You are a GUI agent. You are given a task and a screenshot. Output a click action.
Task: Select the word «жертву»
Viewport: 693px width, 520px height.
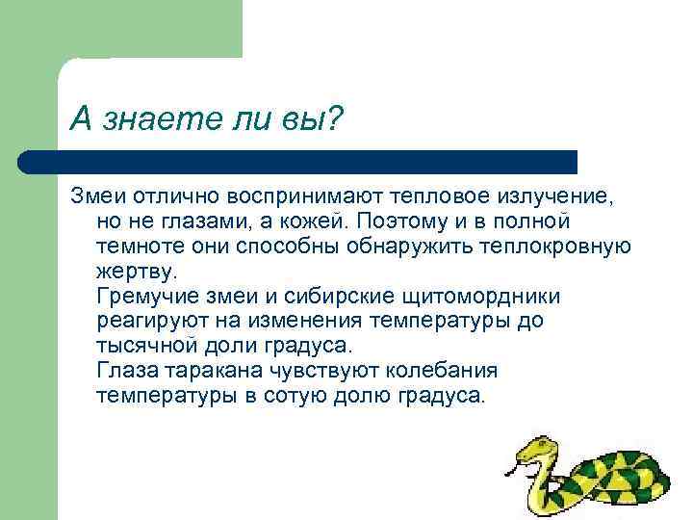click(137, 271)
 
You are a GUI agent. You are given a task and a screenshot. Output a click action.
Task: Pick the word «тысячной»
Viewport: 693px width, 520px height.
click(143, 346)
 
